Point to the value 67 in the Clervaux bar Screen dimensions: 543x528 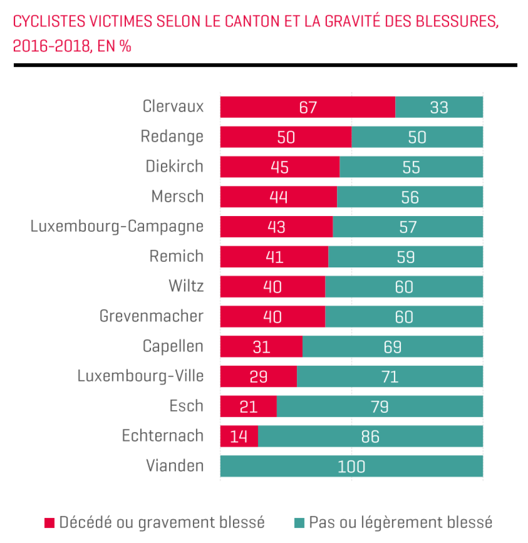pos(308,107)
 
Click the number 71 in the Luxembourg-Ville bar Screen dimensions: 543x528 pos(390,377)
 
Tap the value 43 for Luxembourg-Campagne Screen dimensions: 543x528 pos(277,227)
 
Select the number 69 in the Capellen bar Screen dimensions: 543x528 pos(393,347)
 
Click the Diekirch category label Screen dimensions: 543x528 pos(174,166)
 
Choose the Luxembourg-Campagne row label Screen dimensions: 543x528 pos(117,226)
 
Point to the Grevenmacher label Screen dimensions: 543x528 pos(151,316)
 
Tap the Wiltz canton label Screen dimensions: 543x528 pos(186,286)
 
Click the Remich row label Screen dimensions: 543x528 pos(176,256)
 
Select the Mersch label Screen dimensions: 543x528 pos(177,197)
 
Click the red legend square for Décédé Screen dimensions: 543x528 pos(50,523)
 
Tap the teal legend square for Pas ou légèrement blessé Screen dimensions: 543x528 pos(299,523)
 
